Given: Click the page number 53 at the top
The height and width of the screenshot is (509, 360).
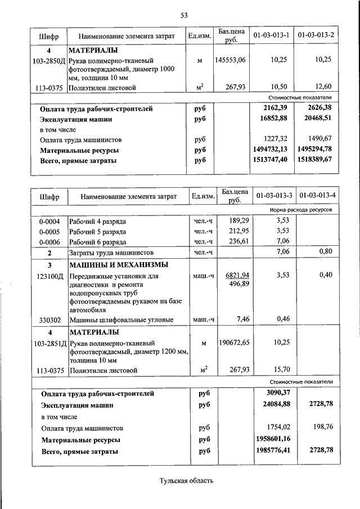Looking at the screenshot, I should (183, 15).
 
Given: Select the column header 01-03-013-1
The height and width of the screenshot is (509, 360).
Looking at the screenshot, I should (271, 36).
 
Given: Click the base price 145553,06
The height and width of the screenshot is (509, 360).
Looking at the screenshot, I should (230, 60).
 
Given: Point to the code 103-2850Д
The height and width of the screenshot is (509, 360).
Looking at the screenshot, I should (49, 60).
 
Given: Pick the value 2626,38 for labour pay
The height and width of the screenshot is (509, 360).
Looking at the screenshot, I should (317, 108).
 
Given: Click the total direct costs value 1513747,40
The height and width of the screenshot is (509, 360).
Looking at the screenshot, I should (271, 160).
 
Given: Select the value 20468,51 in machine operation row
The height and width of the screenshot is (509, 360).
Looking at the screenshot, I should (316, 119).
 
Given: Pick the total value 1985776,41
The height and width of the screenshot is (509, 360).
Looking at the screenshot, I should (271, 451).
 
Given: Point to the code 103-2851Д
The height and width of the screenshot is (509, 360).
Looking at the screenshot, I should (49, 343).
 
